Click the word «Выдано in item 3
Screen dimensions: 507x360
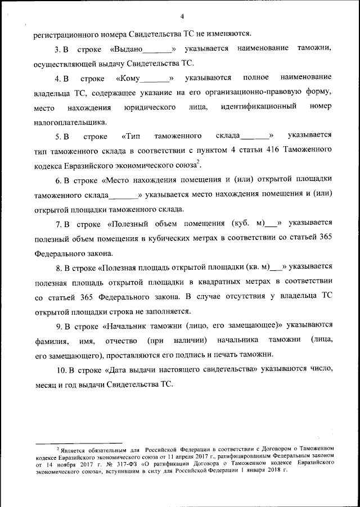[128, 49]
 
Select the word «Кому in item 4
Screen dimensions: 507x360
[128, 77]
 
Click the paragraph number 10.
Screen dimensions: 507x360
[65, 369]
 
